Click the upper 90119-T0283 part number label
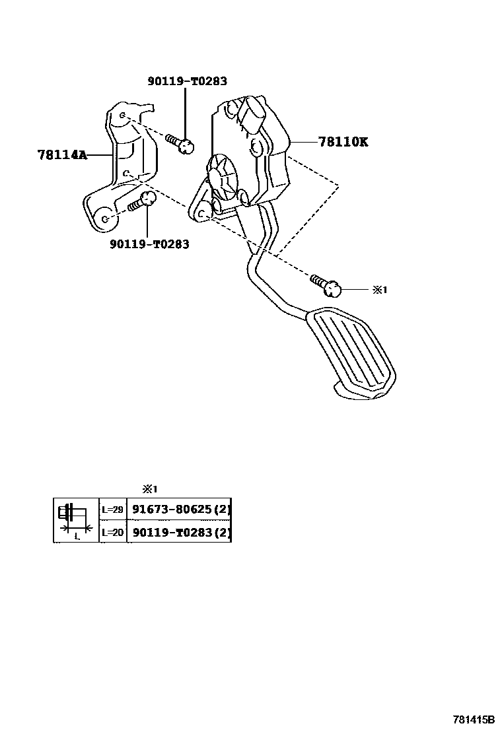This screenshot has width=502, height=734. click(187, 81)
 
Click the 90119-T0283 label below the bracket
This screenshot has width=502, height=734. click(149, 244)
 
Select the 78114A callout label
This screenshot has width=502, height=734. click(62, 154)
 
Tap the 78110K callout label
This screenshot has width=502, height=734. click(342, 141)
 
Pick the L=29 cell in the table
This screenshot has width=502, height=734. click(112, 509)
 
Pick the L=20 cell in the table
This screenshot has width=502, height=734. click(112, 532)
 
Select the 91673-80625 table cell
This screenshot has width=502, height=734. click(178, 509)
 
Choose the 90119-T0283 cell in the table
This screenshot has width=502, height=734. click(178, 532)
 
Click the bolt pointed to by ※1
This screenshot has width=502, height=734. click(326, 284)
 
